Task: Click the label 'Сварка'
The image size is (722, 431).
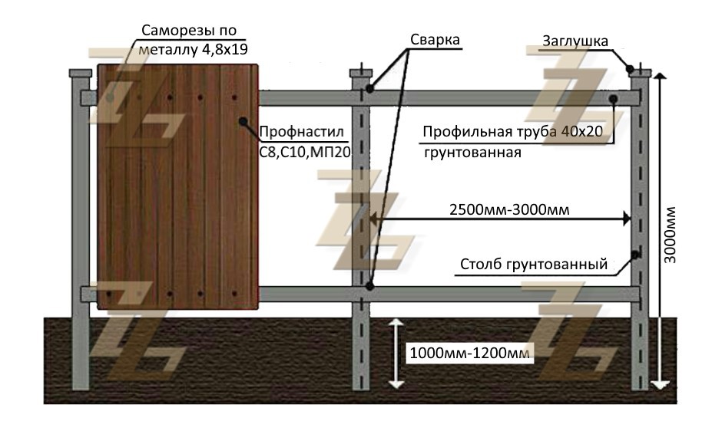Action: (x=434, y=40)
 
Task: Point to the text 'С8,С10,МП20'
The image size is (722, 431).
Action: (x=304, y=152)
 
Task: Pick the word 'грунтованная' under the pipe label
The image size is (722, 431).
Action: (x=472, y=152)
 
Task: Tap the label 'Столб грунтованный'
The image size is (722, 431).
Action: (x=534, y=265)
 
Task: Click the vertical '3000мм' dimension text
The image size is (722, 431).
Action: (x=671, y=235)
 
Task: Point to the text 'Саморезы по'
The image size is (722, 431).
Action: (x=189, y=31)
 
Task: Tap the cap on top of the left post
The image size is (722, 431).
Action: (x=79, y=74)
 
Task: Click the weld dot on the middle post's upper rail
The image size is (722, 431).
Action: (x=369, y=89)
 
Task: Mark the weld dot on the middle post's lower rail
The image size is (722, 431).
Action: (x=369, y=287)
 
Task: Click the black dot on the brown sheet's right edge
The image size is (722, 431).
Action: (x=243, y=120)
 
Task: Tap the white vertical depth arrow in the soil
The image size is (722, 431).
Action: (x=395, y=354)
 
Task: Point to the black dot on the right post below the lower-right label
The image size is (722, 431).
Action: (x=635, y=254)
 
